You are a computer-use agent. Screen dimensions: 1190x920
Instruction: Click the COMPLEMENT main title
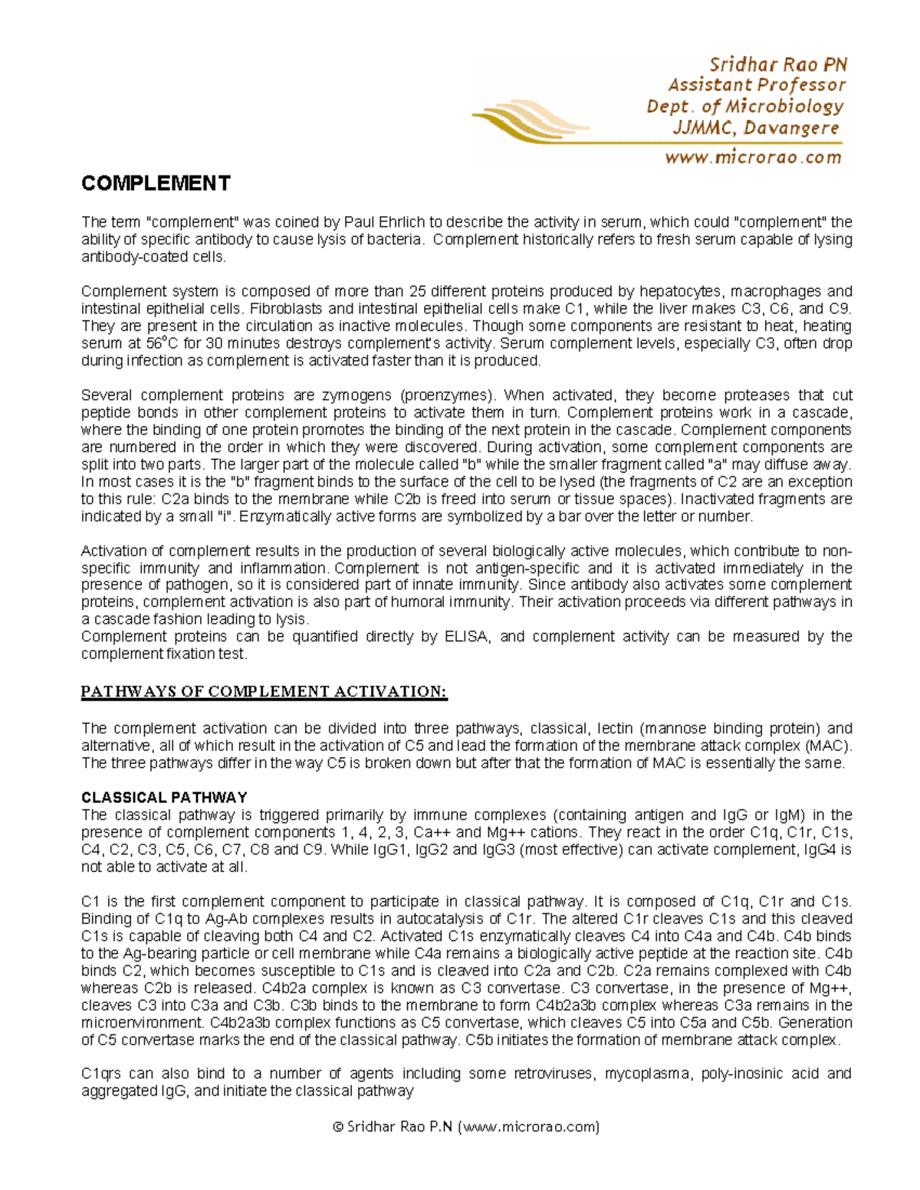pos(156,184)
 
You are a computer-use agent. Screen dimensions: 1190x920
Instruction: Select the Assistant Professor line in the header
pos(756,85)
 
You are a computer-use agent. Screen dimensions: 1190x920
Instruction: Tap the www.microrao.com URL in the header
pos(753,158)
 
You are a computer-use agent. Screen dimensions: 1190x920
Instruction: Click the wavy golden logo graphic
pos(529,123)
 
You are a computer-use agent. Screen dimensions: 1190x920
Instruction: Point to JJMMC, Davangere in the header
pos(756,128)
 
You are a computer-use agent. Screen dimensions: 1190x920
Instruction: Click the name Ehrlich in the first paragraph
pos(401,223)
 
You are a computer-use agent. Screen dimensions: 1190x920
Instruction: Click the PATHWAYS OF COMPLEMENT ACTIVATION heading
pos(264,692)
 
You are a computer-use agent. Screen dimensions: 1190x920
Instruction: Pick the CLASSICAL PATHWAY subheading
pos(164,798)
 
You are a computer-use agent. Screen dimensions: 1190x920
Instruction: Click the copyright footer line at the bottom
pos(466,1126)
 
